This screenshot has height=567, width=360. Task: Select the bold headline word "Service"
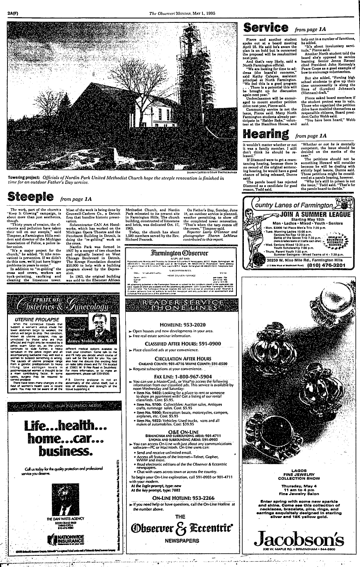click(265, 28)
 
